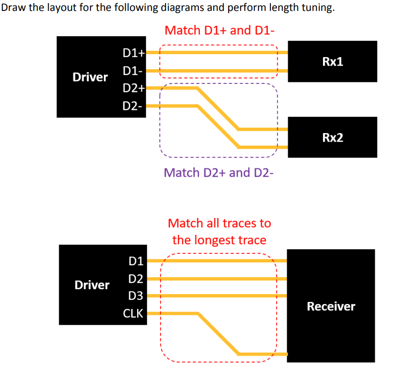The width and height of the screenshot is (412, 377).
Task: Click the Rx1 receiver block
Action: coord(332,62)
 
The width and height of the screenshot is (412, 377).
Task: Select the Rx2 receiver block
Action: coord(332,137)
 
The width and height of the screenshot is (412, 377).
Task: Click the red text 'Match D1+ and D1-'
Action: coord(219,30)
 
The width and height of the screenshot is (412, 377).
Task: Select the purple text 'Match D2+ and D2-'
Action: coord(219,172)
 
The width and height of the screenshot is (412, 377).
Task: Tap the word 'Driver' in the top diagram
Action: coord(90,77)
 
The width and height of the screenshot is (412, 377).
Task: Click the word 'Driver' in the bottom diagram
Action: coord(91,285)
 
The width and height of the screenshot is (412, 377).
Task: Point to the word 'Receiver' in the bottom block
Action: coord(331,306)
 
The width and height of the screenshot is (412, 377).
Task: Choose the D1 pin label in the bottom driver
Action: coord(135,260)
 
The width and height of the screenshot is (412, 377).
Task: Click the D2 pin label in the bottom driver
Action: coord(135,278)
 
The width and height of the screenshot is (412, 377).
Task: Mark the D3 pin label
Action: coord(135,296)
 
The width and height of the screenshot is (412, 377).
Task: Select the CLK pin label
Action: coord(133,314)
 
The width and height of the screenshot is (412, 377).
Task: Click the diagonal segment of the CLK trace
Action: coord(219,334)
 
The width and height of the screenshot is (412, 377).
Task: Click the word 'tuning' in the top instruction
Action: coord(312,9)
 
